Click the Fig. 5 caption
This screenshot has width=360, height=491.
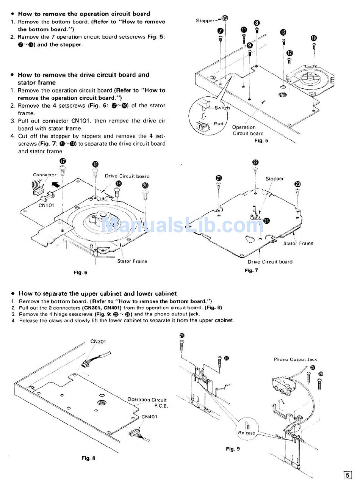pos(261,141)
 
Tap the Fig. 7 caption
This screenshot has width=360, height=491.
pos(251,270)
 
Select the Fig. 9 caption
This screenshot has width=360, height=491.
pos(233,449)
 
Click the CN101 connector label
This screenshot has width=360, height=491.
pos(46,205)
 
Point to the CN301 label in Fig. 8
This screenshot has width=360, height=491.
pos(98,341)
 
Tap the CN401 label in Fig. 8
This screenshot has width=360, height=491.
pos(150,416)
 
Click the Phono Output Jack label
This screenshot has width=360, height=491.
pos(295,359)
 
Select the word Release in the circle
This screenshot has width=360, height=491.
pos(246,433)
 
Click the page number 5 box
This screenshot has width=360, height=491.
pos(347,475)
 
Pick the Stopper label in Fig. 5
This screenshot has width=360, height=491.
pos(205,20)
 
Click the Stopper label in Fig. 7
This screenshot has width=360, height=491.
pos(274,179)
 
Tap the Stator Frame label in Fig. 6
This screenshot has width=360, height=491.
pos(132,261)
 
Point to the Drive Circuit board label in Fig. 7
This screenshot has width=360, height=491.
pos(270,262)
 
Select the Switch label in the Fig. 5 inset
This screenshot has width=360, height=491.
pos(222,108)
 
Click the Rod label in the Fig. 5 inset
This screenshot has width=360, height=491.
pos(219,124)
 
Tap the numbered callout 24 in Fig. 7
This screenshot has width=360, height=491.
pos(266,221)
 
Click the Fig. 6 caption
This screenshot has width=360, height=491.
pos(80,273)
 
